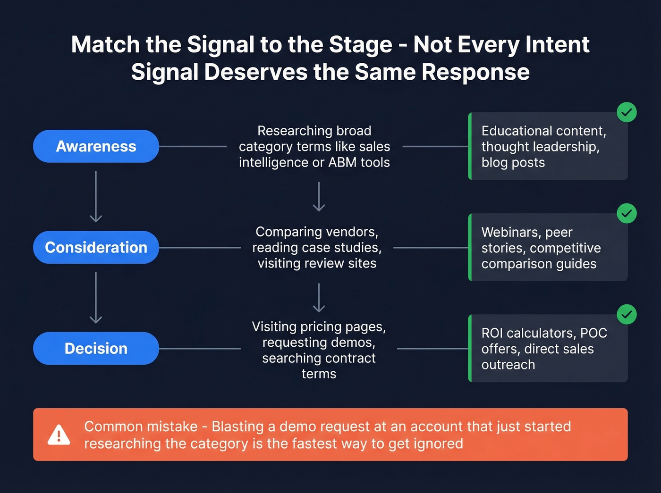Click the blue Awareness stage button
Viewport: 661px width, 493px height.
coord(96,146)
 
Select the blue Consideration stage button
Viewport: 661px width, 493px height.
coord(96,247)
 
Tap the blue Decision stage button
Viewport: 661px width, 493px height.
coord(96,348)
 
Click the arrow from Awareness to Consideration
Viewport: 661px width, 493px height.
coord(96,197)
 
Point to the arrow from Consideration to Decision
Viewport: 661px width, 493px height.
coord(96,298)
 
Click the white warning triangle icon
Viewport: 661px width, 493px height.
coord(59,435)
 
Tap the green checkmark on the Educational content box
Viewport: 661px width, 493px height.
coord(627,112)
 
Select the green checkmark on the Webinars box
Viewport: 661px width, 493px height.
coord(627,214)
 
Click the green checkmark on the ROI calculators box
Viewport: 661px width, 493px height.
coord(627,315)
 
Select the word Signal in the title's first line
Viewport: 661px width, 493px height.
coord(221,45)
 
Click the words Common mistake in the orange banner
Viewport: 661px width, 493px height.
coord(141,426)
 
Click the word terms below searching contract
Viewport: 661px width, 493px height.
coord(319,374)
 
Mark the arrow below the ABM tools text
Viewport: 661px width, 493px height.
coord(319,197)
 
